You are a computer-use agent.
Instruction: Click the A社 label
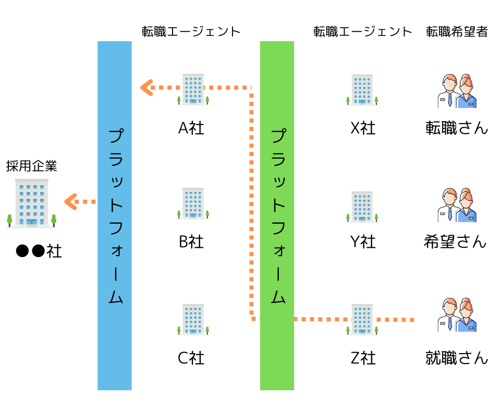pos(191,128)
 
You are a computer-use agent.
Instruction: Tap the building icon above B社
pos(193,203)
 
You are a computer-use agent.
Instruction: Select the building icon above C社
pos(193,319)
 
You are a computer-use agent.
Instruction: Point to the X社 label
pos(363,128)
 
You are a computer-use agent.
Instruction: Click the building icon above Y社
pos(362,207)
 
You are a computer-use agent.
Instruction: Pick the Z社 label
pos(363,358)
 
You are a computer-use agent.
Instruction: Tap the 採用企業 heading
pos(32,166)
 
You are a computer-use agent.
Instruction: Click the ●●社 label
pos(39,251)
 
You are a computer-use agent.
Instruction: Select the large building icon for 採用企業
pos(32,203)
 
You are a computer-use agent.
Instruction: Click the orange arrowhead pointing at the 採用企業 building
pos(70,202)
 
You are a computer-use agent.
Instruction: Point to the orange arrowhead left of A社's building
pos(146,88)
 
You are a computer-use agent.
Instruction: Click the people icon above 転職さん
pos(457,91)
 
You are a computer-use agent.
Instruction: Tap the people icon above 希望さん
pos(457,205)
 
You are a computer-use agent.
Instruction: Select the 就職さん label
pos(457,358)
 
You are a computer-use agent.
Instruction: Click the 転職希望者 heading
pos(457,32)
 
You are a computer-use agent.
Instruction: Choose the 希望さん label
pos(455,242)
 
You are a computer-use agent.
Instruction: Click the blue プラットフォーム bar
pos(115,215)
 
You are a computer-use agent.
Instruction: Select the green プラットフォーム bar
pos(277,215)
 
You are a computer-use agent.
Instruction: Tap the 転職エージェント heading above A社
pos(191,32)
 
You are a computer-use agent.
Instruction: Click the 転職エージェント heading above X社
pos(363,32)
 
